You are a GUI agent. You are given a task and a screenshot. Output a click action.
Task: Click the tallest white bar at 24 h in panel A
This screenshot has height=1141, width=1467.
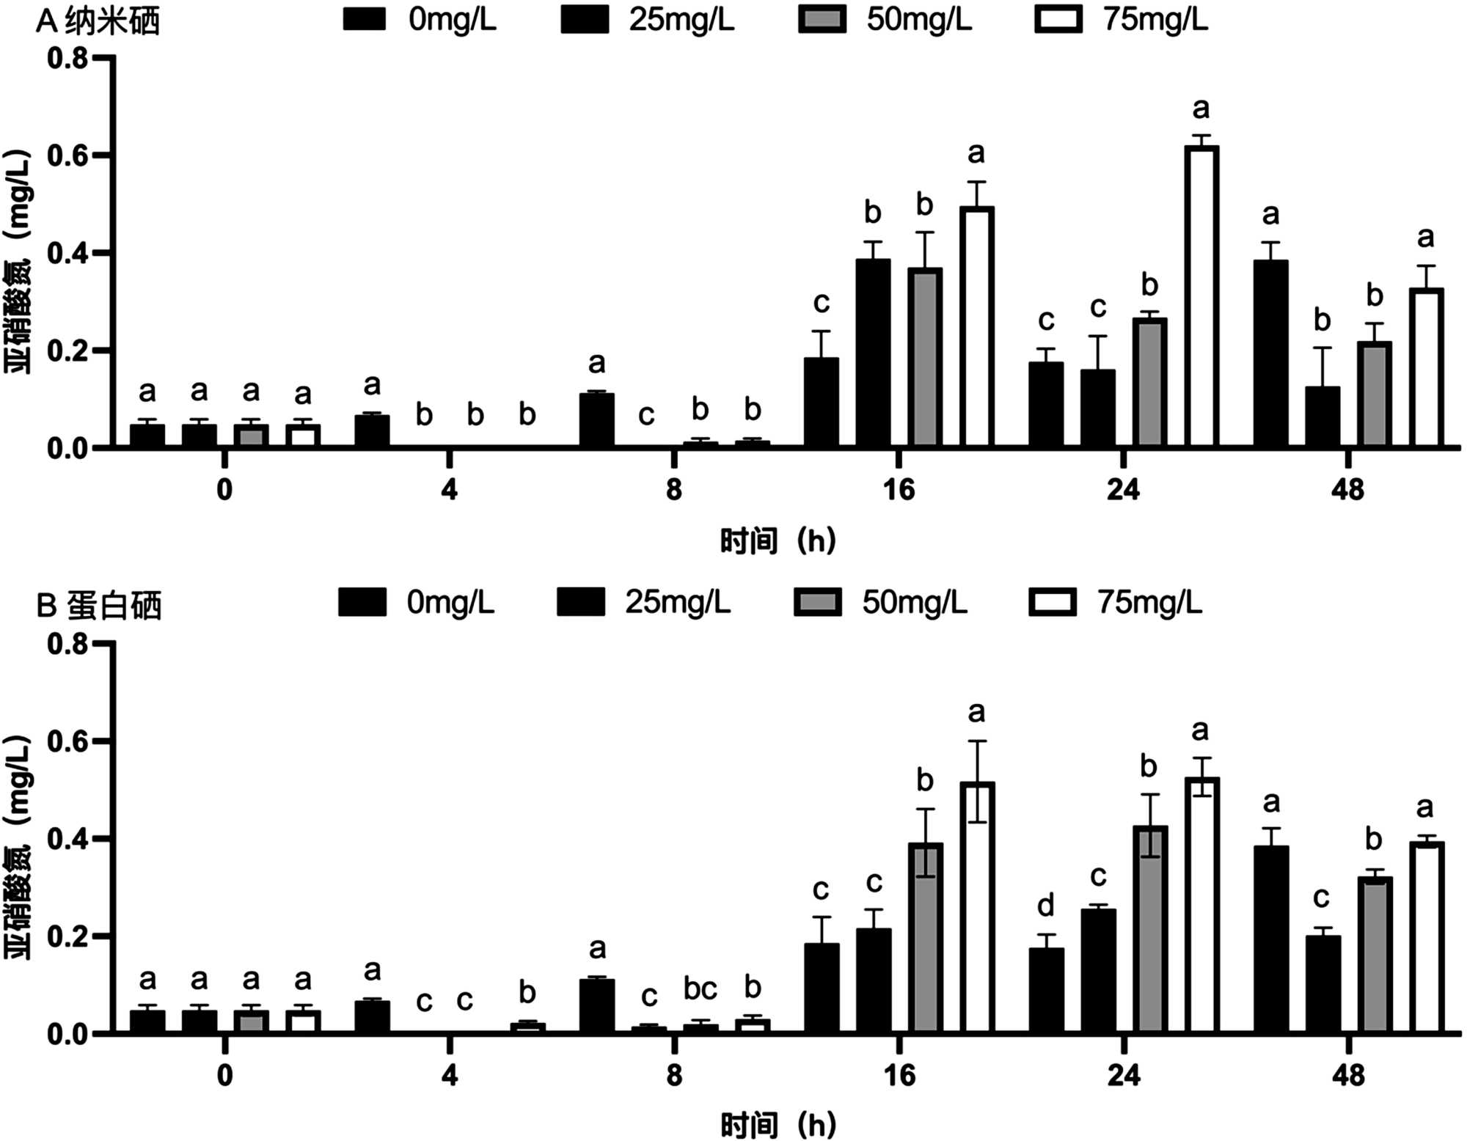(1201, 296)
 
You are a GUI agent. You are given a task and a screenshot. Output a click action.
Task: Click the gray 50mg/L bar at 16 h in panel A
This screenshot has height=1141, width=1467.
(925, 357)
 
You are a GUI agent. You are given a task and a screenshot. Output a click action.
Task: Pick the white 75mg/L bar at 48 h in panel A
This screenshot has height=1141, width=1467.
(1426, 367)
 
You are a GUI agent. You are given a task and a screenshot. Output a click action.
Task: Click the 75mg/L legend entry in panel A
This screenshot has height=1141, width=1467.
(1121, 20)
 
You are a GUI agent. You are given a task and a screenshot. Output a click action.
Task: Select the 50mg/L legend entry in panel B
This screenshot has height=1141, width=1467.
(880, 603)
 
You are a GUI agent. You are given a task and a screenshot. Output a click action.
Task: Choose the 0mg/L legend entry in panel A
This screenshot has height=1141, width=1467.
(420, 20)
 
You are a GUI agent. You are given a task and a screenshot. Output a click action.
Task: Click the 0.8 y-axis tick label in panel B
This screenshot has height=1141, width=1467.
(67, 644)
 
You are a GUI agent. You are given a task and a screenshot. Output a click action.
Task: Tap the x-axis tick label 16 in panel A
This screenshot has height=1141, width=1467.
(899, 489)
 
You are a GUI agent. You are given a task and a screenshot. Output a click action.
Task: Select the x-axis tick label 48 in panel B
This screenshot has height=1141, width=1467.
(1348, 1075)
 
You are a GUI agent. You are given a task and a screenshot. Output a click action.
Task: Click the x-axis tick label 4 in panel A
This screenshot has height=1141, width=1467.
(449, 489)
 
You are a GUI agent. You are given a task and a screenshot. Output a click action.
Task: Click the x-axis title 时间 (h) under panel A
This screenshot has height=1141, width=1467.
(778, 541)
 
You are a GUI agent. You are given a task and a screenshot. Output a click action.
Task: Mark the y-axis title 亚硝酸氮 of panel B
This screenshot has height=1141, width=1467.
(19, 847)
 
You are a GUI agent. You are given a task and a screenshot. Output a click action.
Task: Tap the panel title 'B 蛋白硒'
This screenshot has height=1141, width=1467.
(99, 606)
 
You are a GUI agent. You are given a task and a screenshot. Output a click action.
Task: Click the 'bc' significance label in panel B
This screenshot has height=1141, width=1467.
(700, 989)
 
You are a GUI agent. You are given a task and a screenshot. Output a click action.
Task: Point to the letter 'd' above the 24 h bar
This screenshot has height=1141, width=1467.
(1046, 906)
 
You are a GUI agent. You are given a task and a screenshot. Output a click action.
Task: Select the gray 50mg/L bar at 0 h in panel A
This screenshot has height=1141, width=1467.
(251, 435)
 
